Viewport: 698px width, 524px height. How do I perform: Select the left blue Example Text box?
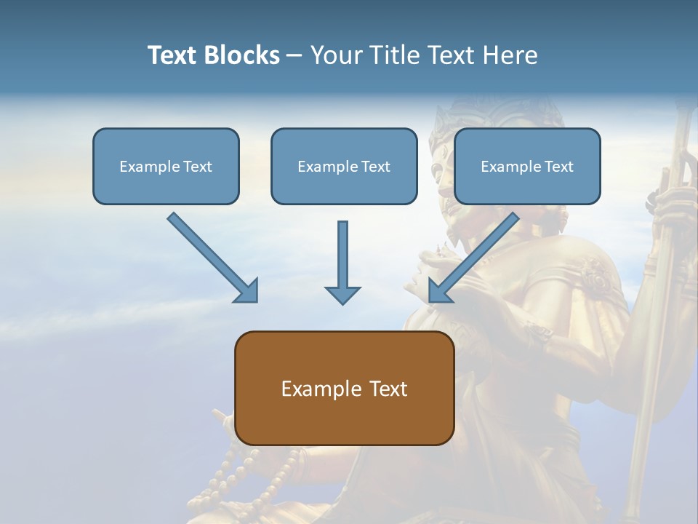(166, 166)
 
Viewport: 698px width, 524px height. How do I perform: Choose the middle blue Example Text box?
(344, 166)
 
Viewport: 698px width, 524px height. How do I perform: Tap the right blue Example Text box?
(527, 166)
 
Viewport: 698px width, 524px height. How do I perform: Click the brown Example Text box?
(344, 388)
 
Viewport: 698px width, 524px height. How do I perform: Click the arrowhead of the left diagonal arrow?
(247, 291)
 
